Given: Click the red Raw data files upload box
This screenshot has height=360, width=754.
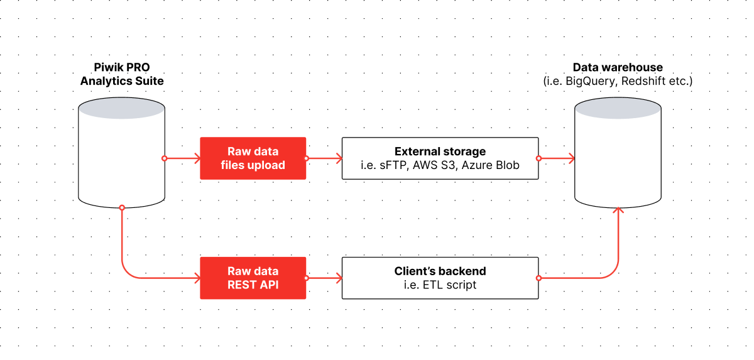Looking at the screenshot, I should point(253,158).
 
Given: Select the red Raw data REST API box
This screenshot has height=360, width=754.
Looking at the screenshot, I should point(253,278).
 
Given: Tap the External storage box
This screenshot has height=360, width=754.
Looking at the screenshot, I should point(440,158).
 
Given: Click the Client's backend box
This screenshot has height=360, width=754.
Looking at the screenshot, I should point(440,278).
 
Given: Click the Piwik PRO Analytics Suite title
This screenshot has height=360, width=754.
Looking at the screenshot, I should point(122,74).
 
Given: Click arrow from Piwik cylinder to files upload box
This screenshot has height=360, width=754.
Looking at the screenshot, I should point(182,158).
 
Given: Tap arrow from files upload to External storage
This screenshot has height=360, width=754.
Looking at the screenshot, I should point(324,158).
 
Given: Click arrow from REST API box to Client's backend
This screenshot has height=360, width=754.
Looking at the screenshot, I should point(324,278).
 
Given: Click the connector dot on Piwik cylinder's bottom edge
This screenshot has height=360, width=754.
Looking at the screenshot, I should point(122,207).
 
